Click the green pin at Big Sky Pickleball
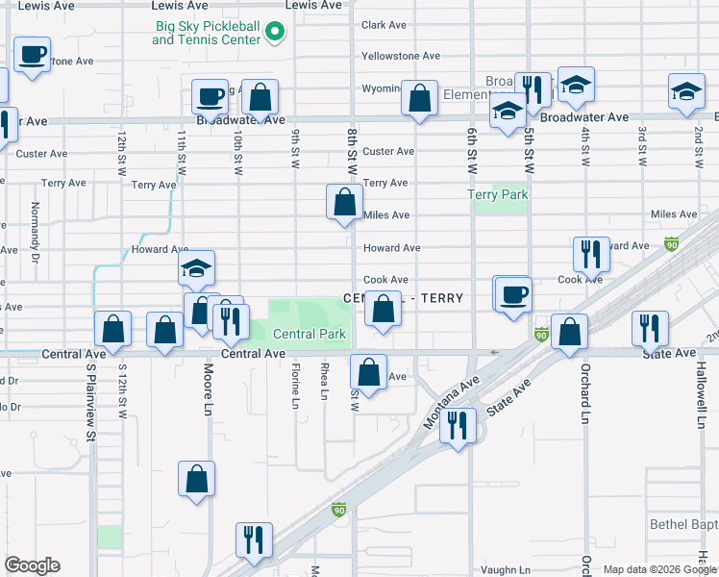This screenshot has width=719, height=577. [x=275, y=33]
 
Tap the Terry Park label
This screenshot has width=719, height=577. [x=498, y=195]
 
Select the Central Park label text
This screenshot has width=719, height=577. [x=309, y=335]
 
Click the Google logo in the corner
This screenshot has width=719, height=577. [x=32, y=565]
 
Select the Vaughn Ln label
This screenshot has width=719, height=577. [x=505, y=569]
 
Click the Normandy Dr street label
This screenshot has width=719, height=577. [x=35, y=220]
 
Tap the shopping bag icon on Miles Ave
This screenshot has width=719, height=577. [x=344, y=202]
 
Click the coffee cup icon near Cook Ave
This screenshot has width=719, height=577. [x=513, y=293]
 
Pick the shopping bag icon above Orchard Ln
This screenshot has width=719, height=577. [x=570, y=332]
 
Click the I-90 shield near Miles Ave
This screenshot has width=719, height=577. [x=671, y=245]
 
